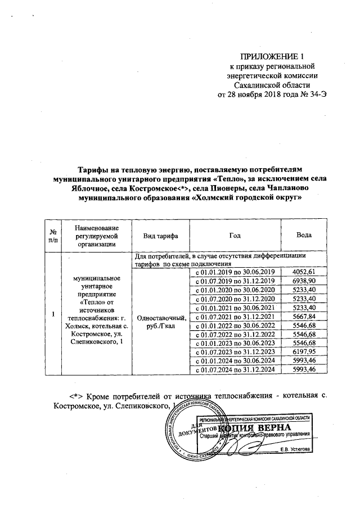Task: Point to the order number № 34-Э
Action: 313,94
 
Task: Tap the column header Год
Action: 235,235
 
